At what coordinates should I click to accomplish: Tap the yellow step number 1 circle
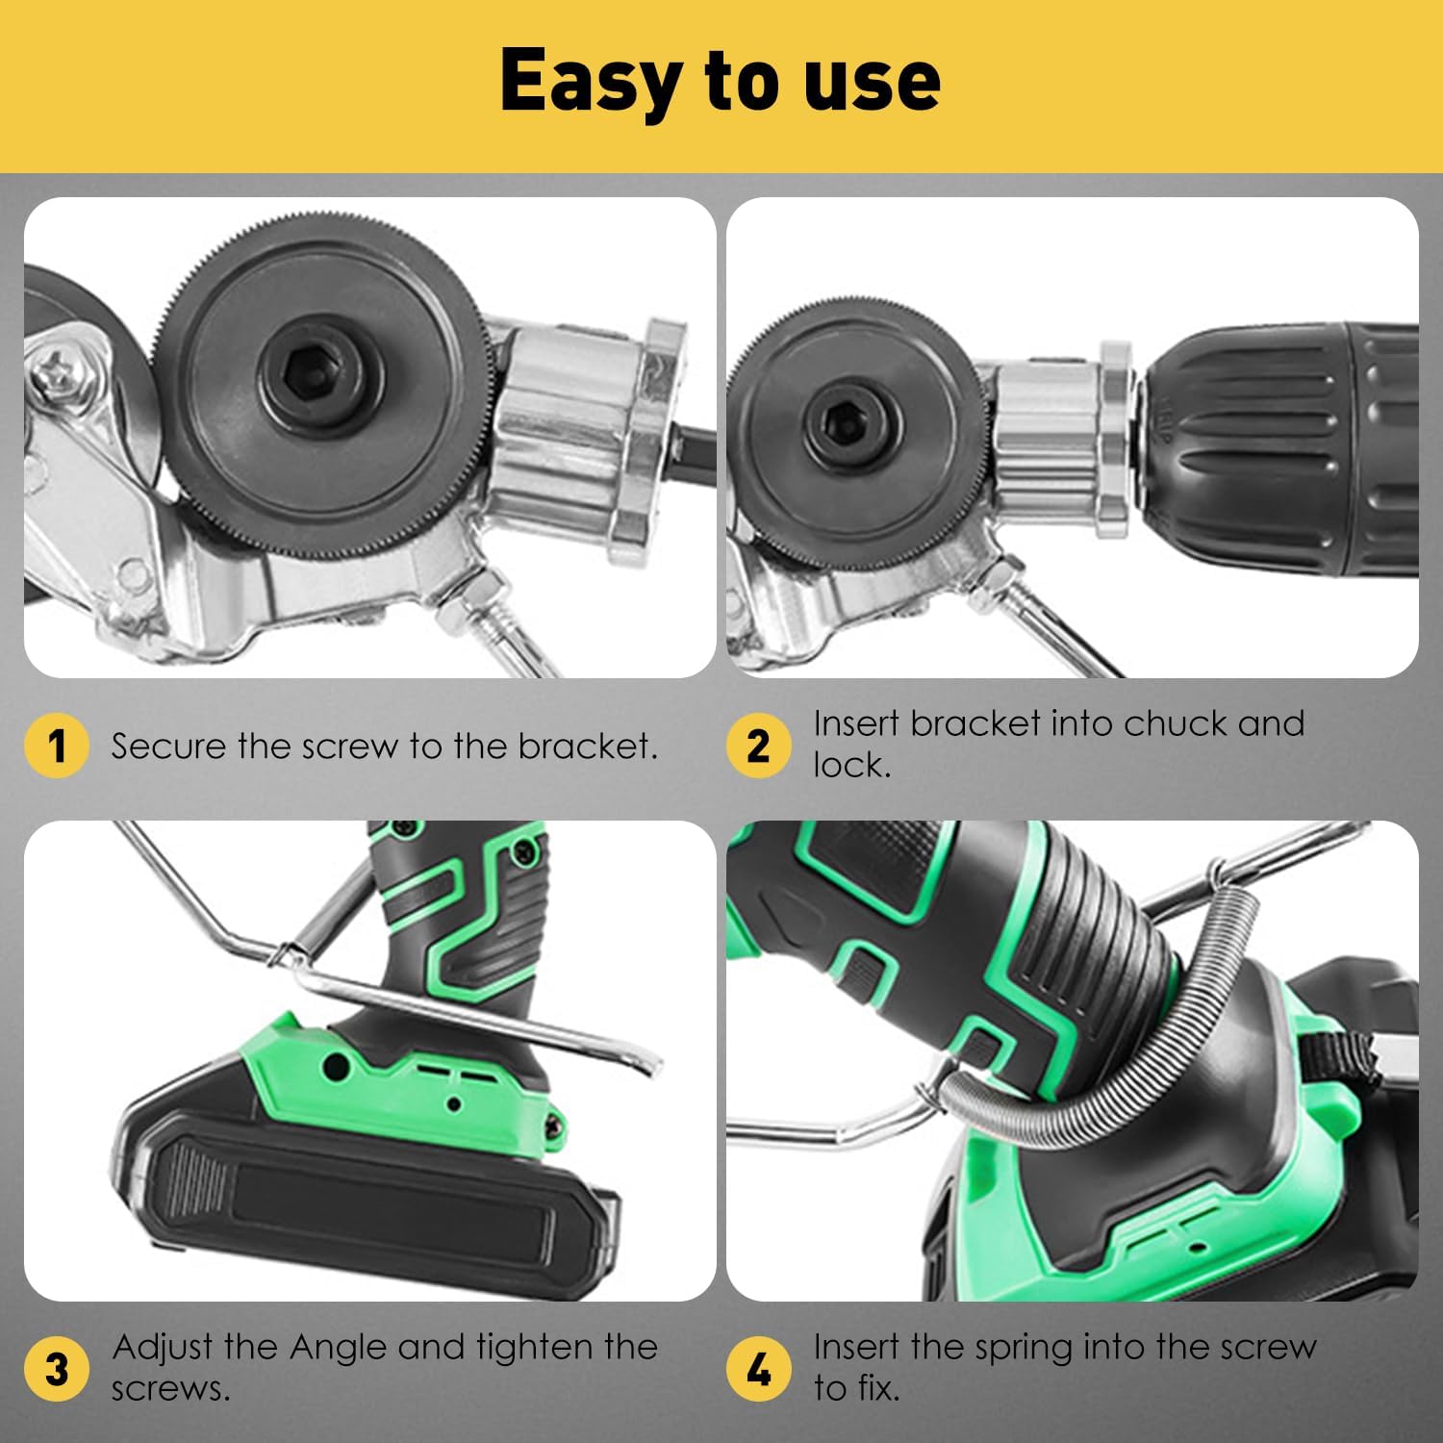coord(57,746)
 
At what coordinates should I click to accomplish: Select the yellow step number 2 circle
coord(758,746)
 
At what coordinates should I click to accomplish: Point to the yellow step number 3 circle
coord(57,1368)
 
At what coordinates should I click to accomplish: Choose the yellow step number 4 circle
coord(758,1368)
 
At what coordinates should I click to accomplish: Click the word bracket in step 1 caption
coord(587,746)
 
